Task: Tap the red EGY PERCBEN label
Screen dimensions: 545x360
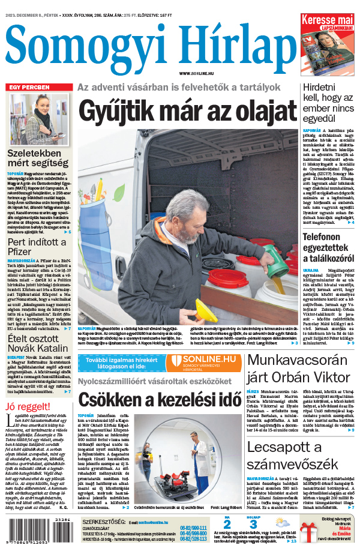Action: (29, 88)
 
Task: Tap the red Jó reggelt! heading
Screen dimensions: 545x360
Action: (29, 408)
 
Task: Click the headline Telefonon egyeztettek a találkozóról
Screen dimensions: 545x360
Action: (329, 247)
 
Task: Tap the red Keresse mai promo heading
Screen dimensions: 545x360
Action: (328, 21)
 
